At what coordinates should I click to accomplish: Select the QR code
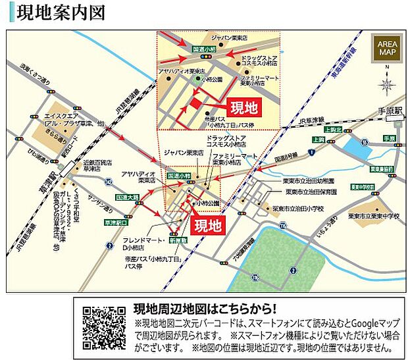104,327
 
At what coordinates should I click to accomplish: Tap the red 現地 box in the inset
242,107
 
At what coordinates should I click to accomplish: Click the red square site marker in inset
195,105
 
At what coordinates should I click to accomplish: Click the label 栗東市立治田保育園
310,192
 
